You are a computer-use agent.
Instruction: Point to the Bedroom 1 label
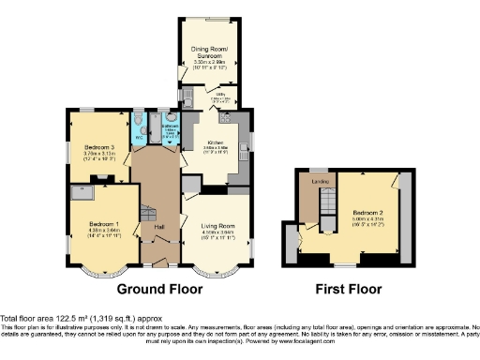point(104,224)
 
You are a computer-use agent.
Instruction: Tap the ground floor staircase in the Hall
point(147,210)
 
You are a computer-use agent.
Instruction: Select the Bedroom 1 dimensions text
point(104,234)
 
